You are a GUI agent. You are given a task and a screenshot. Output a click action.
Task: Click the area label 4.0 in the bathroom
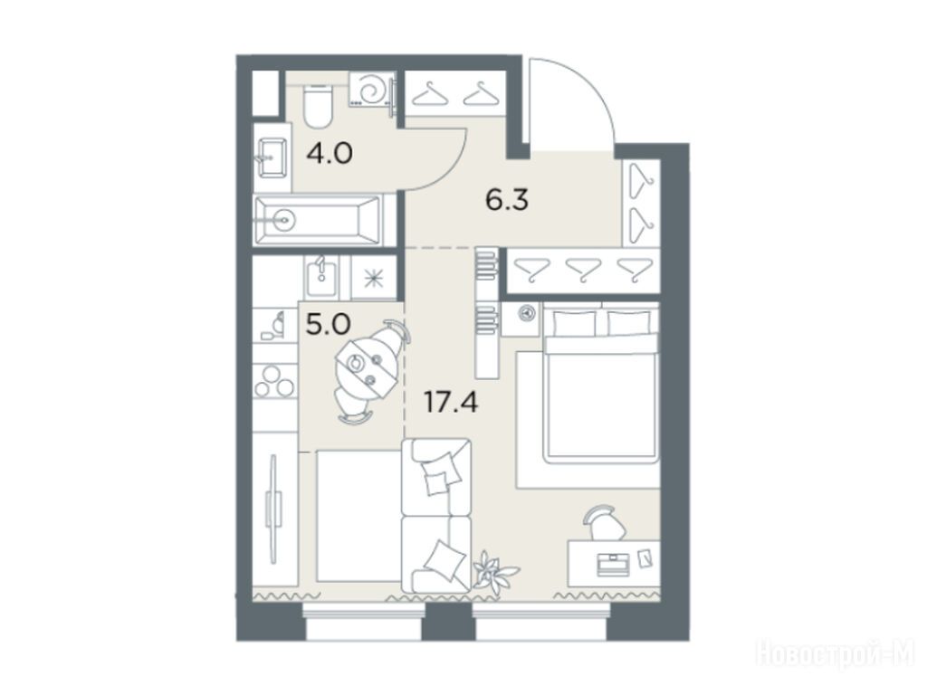pos(330,154)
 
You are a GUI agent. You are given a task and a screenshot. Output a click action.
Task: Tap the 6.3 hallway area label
pos(507,201)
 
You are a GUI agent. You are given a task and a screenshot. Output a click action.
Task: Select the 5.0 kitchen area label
pos(329,324)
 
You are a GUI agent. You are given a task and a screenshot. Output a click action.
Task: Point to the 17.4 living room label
pos(451,402)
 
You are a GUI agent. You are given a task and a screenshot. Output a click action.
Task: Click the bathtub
pos(318,221)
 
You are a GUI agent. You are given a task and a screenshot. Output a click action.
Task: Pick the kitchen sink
pos(321,277)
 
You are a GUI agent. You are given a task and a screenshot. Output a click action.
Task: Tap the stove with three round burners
pos(273,380)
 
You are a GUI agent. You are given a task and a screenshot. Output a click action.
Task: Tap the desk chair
pos(604,521)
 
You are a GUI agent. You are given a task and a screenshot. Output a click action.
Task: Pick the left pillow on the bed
pos(574,323)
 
